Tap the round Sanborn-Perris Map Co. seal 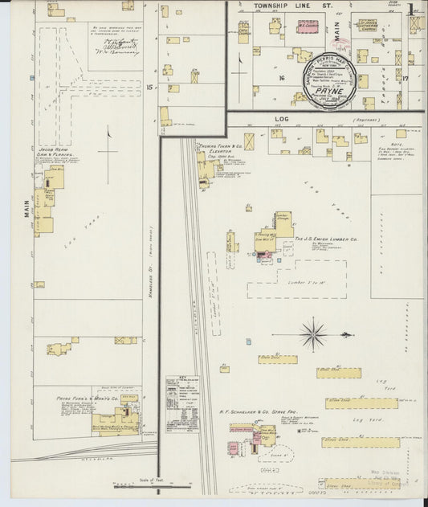(x=328, y=81)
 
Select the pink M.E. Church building (x=309, y=27)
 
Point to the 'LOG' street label (x=281, y=120)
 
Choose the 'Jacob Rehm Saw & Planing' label (x=55, y=153)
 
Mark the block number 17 (x=406, y=78)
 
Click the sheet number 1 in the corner (x=411, y=10)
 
